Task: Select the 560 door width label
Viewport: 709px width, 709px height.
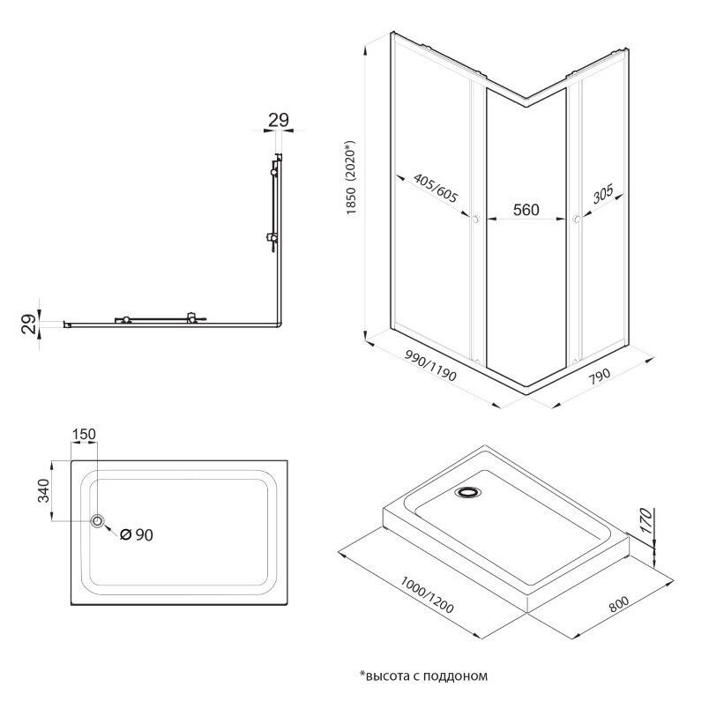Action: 526,211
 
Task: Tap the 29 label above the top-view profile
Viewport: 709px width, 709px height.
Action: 279,121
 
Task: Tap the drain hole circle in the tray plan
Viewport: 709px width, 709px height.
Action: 97,521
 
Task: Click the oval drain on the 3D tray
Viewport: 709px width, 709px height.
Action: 467,492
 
